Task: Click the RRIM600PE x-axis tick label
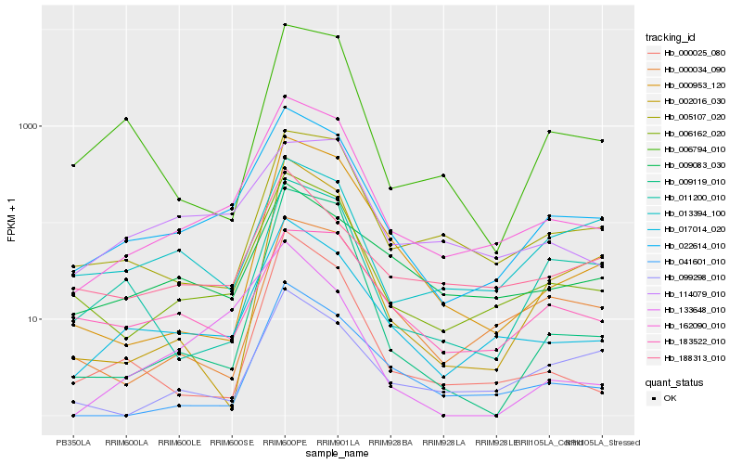pos(285,442)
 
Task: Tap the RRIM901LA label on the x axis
pos(338,442)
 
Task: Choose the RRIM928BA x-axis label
pos(390,442)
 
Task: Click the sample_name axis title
pos(338,453)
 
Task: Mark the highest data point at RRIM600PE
pos(285,25)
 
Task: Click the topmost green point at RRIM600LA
pos(126,119)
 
